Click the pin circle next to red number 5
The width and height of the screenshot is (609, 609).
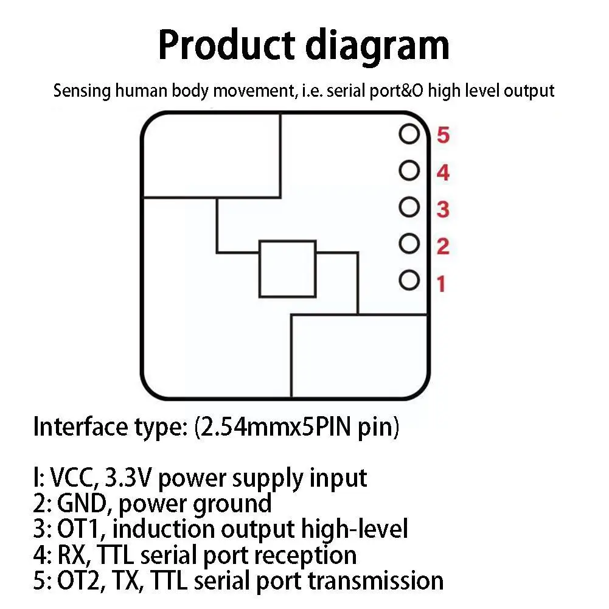(409, 134)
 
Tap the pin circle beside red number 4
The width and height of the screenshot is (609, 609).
(409, 171)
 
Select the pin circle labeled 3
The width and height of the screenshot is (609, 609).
(409, 207)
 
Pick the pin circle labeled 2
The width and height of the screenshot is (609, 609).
(409, 244)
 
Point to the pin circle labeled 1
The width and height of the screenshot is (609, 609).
(409, 280)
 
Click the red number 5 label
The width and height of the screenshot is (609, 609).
(443, 135)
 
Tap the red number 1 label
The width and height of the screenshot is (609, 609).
(441, 284)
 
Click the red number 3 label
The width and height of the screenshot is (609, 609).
(443, 210)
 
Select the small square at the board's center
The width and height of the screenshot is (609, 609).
(287, 268)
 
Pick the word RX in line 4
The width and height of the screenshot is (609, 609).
(69, 555)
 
